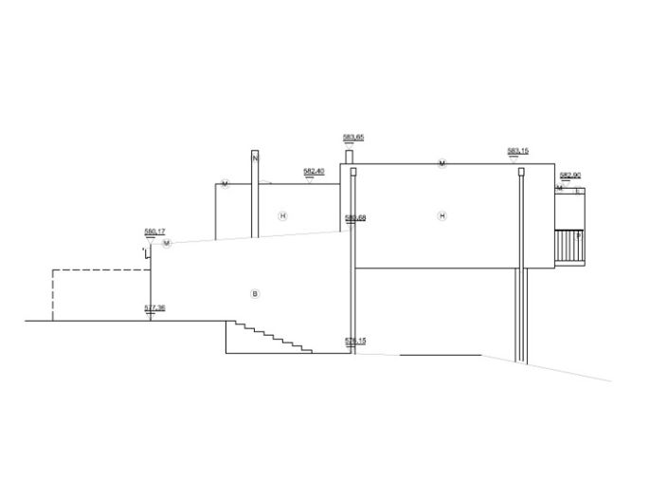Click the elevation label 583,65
click(x=353, y=138)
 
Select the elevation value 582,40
click(x=314, y=171)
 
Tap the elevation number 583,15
click(x=517, y=151)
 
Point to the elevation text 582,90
click(x=569, y=176)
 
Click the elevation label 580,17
click(x=154, y=232)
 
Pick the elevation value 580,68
click(x=355, y=218)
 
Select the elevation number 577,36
click(x=154, y=307)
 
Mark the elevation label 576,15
click(x=355, y=340)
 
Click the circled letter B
click(x=254, y=294)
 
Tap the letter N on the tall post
click(x=255, y=158)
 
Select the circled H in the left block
click(x=281, y=216)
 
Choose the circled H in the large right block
click(x=442, y=216)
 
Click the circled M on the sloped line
click(x=167, y=244)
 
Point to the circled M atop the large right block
click(x=442, y=164)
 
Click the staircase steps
click(x=269, y=337)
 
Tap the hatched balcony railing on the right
click(x=569, y=246)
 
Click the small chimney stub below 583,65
click(x=349, y=157)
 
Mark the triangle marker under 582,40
click(x=310, y=179)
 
